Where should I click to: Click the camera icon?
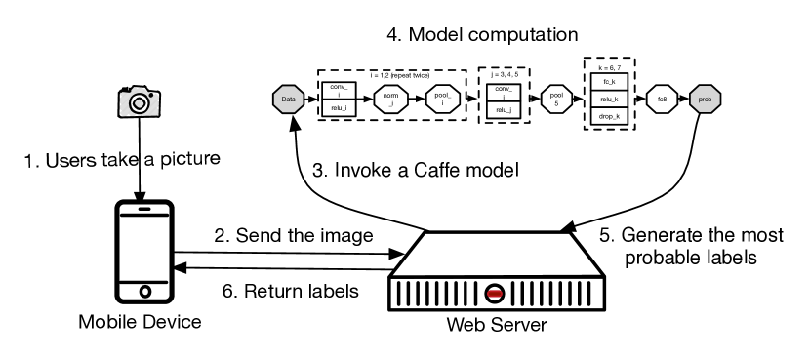[x=140, y=100]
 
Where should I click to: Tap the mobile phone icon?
[x=144, y=253]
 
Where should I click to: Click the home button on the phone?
[x=144, y=291]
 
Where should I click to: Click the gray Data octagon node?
[x=288, y=99]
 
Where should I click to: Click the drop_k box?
[x=608, y=116]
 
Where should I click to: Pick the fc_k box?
[x=608, y=81]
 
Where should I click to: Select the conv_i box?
[x=338, y=90]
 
